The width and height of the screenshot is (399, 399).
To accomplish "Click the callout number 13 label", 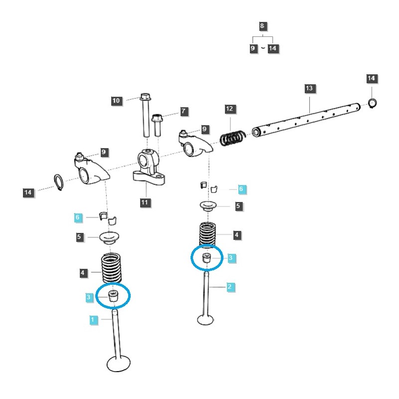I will pos(309,88).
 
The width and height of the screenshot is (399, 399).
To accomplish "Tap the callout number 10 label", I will pos(116,101).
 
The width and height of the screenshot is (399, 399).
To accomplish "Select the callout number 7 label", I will pos(184,111).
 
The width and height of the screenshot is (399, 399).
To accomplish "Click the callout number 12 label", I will pos(229,108).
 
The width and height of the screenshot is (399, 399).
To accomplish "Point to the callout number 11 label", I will pos(145,202).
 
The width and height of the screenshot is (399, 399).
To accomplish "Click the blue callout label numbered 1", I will pos(93,319).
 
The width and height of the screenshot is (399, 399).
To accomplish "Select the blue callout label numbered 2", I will pos(229,287).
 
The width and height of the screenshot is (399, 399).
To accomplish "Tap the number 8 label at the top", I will pos(262,26).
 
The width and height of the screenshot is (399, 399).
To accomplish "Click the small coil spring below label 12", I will pos(233,138).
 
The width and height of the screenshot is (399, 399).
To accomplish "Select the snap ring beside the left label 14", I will pos(58,183).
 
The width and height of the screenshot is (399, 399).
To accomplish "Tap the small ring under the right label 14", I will pos(372,103).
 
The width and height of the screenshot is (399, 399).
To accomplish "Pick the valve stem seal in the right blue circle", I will pos(206,258).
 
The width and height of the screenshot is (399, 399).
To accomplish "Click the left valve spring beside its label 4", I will pos(113,269).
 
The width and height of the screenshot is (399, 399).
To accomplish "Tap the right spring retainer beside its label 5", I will pos(209,205).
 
